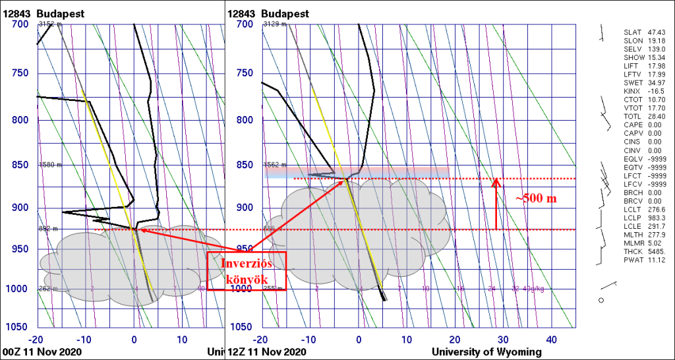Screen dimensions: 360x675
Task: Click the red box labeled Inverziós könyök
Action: (247, 270)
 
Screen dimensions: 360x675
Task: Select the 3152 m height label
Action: (50, 24)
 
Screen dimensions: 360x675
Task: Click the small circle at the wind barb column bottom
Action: (601, 301)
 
